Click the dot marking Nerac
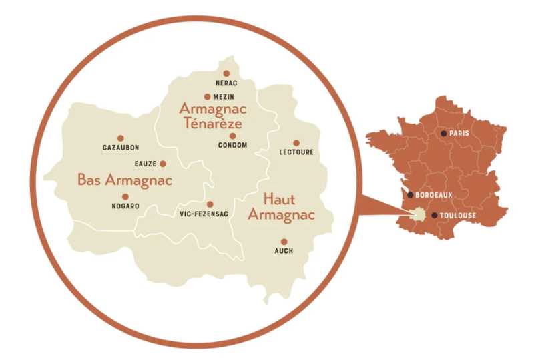226,73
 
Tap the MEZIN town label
222,97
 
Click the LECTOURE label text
296,152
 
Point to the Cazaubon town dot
120,138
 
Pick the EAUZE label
145,164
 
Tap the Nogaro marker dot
125,197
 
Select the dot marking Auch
284,242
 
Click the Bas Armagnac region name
125,180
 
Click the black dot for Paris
443,133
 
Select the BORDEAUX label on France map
434,195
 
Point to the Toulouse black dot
435,216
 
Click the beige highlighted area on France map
419,214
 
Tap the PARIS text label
459,134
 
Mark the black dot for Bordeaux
410,195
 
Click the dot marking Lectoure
296,142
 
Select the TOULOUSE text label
459,216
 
